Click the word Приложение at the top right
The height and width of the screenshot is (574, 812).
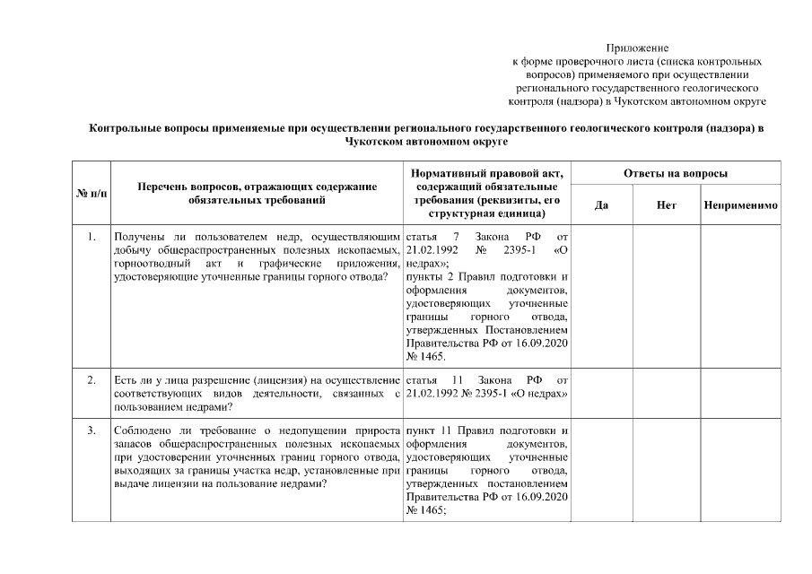(637, 47)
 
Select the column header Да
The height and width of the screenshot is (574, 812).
(602, 205)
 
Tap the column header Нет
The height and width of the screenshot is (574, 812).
(666, 205)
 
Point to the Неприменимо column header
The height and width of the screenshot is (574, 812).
(740, 205)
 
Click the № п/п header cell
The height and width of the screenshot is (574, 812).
(92, 193)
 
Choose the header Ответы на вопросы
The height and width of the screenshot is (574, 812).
(676, 172)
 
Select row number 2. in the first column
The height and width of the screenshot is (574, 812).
(92, 380)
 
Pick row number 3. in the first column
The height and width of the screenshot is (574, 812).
(92, 430)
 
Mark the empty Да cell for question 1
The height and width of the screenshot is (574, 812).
(602, 296)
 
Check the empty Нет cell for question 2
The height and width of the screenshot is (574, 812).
(666, 394)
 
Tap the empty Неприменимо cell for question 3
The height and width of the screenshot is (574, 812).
(740, 471)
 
